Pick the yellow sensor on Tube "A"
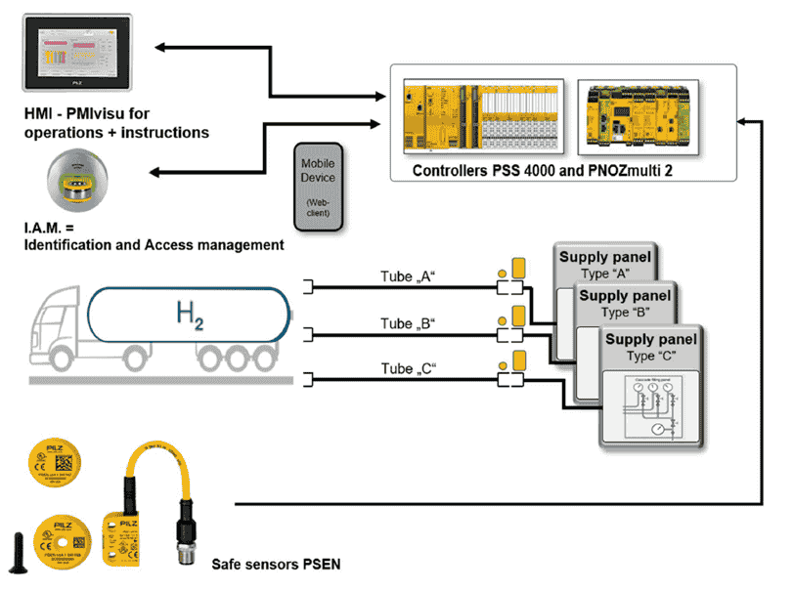pos(519,269)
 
